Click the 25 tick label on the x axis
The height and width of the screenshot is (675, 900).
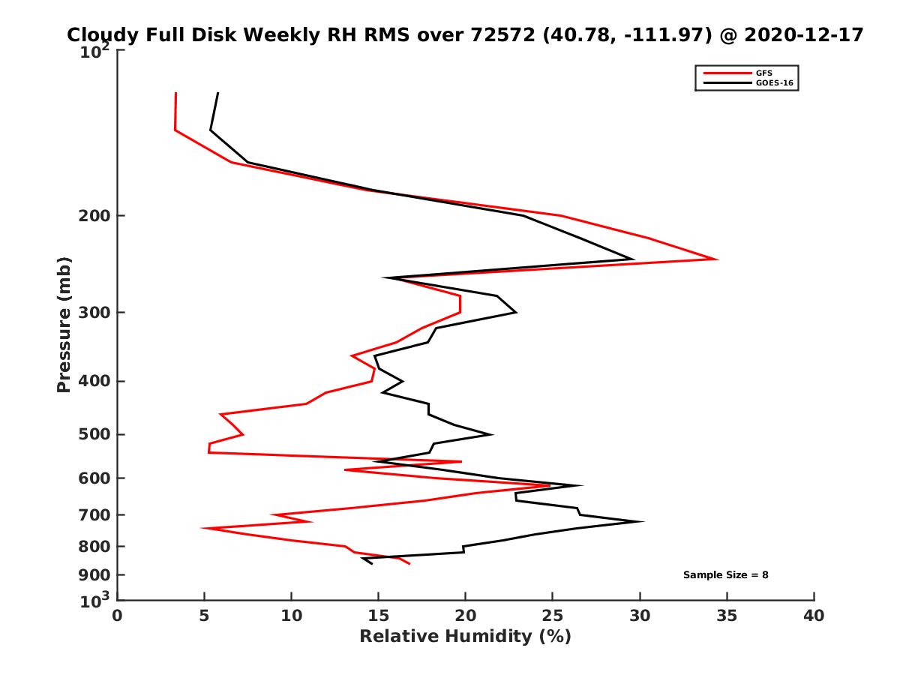[553, 616]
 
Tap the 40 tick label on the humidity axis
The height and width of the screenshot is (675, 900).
[814, 616]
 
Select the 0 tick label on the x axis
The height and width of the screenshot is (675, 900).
[118, 616]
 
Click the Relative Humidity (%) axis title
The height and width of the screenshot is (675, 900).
[465, 637]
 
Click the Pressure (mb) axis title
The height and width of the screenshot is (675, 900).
[64, 324]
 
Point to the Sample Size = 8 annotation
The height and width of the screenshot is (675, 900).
[725, 575]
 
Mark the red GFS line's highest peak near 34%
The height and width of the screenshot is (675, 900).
[717, 259]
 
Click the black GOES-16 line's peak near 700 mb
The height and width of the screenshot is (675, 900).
[642, 521]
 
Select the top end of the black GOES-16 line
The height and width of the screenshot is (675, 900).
[217, 93]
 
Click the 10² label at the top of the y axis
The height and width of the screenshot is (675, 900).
[95, 53]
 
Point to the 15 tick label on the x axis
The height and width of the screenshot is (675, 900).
[379, 616]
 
